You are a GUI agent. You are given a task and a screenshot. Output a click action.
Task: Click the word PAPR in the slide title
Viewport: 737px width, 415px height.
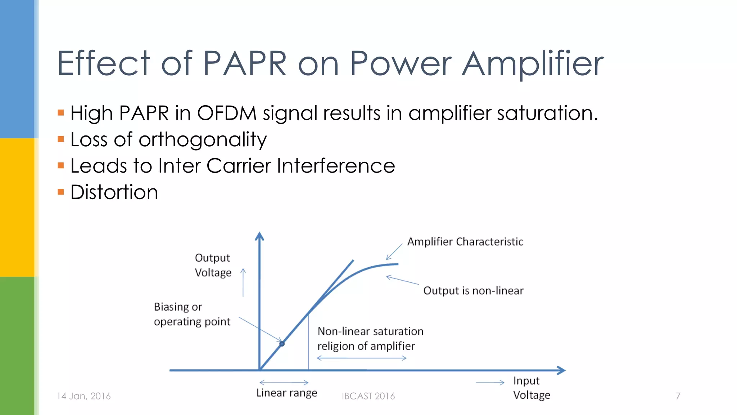[245, 63]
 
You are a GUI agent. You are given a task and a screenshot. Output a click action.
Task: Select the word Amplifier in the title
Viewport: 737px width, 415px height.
[533, 63]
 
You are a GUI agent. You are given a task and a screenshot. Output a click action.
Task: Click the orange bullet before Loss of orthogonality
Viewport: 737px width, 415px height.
[61, 139]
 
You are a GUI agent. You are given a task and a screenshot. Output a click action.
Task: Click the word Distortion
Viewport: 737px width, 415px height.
[114, 192]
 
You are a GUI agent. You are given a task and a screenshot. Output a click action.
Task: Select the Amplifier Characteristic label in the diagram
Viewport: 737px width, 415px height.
[465, 242]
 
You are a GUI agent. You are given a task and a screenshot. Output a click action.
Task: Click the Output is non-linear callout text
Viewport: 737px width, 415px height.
[473, 291]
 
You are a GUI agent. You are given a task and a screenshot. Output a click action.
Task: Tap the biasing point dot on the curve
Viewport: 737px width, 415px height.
[282, 344]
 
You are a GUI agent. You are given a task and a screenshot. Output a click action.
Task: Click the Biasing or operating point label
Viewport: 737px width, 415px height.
[192, 314]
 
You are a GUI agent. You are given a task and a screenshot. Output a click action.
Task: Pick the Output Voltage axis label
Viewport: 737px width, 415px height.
[213, 265]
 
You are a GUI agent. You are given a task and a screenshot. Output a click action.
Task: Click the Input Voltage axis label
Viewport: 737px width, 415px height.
[531, 388]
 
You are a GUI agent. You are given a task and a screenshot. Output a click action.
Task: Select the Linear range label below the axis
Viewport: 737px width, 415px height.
[286, 393]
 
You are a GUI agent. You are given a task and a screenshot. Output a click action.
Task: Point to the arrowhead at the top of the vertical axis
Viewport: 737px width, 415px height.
[259, 236]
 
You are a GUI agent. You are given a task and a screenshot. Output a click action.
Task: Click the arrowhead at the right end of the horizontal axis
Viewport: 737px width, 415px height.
[561, 370]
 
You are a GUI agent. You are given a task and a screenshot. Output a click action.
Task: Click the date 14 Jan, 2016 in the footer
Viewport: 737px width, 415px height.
[83, 396]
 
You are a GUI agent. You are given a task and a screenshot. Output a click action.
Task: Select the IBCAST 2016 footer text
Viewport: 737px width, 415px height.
[368, 396]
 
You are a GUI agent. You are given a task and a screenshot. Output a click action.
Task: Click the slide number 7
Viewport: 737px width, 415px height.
[678, 396]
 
